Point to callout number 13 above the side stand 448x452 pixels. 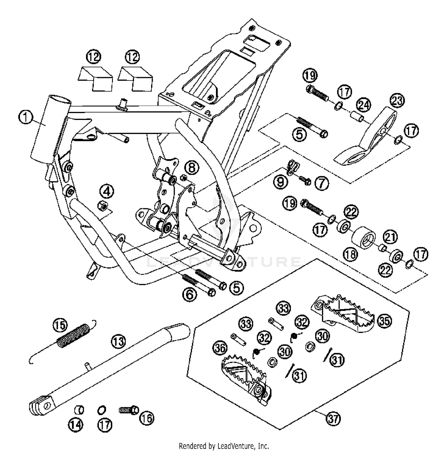(119, 341)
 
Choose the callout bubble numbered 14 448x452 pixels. (76, 424)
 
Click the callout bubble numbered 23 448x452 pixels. (397, 101)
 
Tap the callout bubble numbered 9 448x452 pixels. (280, 182)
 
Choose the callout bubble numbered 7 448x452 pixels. (321, 183)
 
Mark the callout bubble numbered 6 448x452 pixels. (190, 295)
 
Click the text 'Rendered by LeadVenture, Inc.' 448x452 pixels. (224, 446)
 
